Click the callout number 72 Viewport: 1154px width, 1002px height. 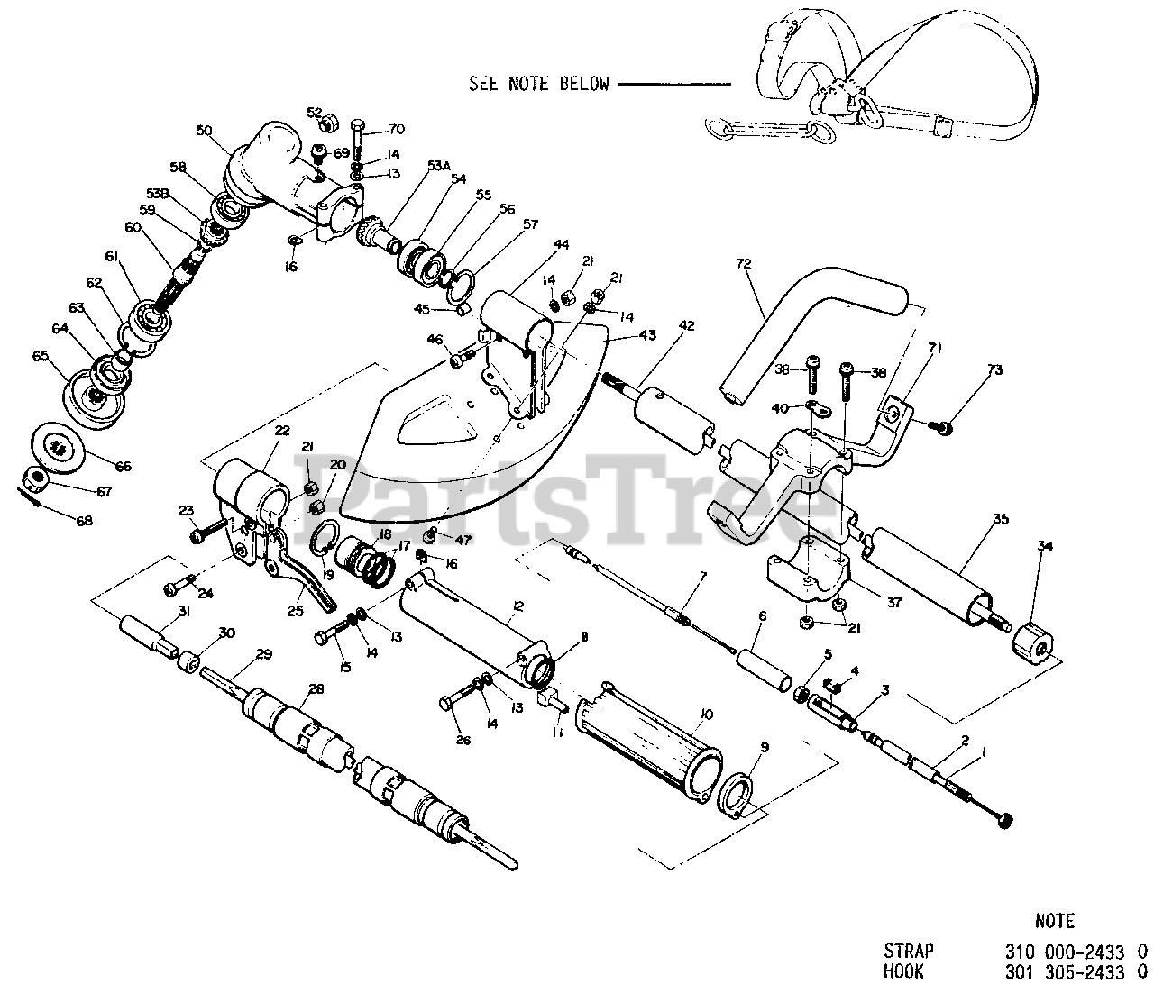(x=743, y=264)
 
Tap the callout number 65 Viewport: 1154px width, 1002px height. (x=40, y=356)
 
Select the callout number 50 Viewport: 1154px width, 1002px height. (x=203, y=132)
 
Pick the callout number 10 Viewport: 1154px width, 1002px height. (x=705, y=714)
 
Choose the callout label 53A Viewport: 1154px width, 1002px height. (x=438, y=166)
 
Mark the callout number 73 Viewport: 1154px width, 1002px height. (x=994, y=369)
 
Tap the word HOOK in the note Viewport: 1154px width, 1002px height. (x=903, y=972)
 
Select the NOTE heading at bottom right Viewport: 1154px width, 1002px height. (x=1054, y=921)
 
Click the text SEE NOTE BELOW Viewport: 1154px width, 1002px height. (x=538, y=84)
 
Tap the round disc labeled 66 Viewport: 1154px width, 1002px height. (x=59, y=445)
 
